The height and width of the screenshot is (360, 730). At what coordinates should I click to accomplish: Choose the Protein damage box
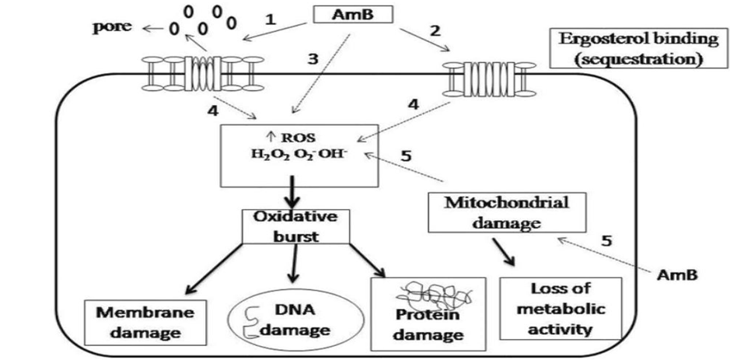click(x=428, y=311)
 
